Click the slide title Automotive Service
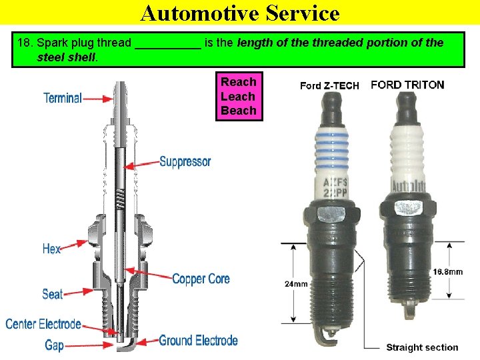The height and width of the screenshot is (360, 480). tap(240, 13)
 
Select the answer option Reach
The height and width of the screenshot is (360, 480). tap(239, 82)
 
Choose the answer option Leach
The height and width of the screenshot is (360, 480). tap(239, 97)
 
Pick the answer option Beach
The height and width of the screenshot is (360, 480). tap(239, 111)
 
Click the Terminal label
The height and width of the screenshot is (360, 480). tap(63, 98)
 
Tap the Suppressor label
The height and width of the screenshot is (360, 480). tap(185, 161)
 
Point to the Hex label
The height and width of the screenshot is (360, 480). tap(51, 249)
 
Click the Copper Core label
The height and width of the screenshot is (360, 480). tap(201, 279)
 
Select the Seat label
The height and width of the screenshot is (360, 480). tap(53, 294)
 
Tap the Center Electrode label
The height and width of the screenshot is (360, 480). tap(43, 325)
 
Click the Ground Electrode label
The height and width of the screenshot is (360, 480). tap(198, 341)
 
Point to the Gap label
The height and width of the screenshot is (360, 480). tap(54, 345)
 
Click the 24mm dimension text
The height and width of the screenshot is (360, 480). tap(296, 284)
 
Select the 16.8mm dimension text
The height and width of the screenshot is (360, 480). tap(447, 272)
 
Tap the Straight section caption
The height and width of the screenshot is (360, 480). tap(422, 347)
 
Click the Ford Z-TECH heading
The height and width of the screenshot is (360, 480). tap(329, 85)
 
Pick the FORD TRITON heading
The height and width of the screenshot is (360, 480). tap(407, 85)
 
